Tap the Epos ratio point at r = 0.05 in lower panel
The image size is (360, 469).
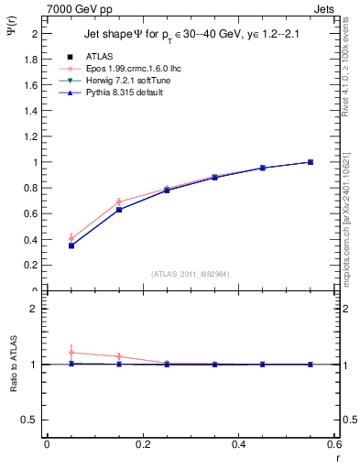pyautogui.click(x=71, y=353)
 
